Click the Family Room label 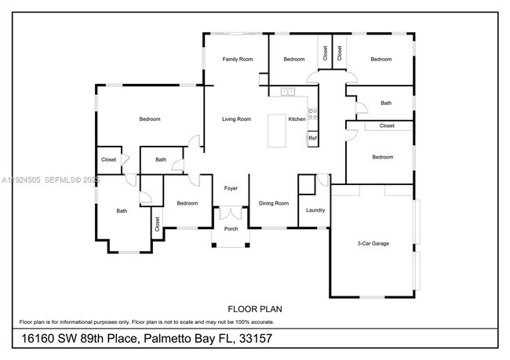(x=237, y=60)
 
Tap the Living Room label (x=236, y=119)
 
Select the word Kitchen (x=297, y=119)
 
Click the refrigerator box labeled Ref (x=312, y=138)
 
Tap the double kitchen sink (x=287, y=92)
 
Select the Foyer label (x=231, y=188)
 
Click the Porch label (x=231, y=229)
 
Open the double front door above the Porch (x=231, y=213)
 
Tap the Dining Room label (x=274, y=203)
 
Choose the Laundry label (x=315, y=210)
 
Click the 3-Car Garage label (x=373, y=244)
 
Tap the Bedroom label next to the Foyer (x=187, y=203)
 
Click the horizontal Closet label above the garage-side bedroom (x=387, y=125)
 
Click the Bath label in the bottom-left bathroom (x=122, y=210)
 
